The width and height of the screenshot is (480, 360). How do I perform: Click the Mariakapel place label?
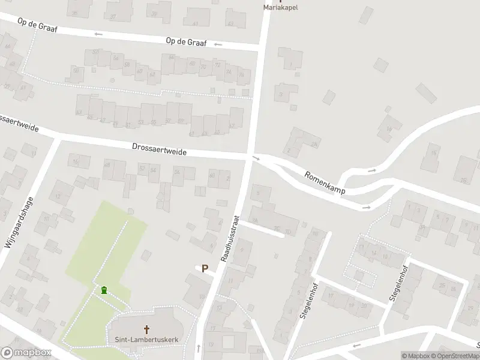(281, 8)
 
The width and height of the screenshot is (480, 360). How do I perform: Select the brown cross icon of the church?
(146, 329)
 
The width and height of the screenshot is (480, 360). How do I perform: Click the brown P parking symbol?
(205, 269)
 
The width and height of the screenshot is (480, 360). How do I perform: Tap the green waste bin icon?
(104, 290)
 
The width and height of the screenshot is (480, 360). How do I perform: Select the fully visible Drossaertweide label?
(159, 150)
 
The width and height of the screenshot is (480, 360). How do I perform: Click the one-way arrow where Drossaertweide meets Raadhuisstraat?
(257, 158)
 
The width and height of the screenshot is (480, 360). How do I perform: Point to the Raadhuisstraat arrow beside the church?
(199, 347)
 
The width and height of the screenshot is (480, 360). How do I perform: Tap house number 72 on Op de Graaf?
(217, 65)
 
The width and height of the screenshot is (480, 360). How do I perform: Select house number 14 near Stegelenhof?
(373, 254)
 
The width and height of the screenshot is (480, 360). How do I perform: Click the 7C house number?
(277, 229)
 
